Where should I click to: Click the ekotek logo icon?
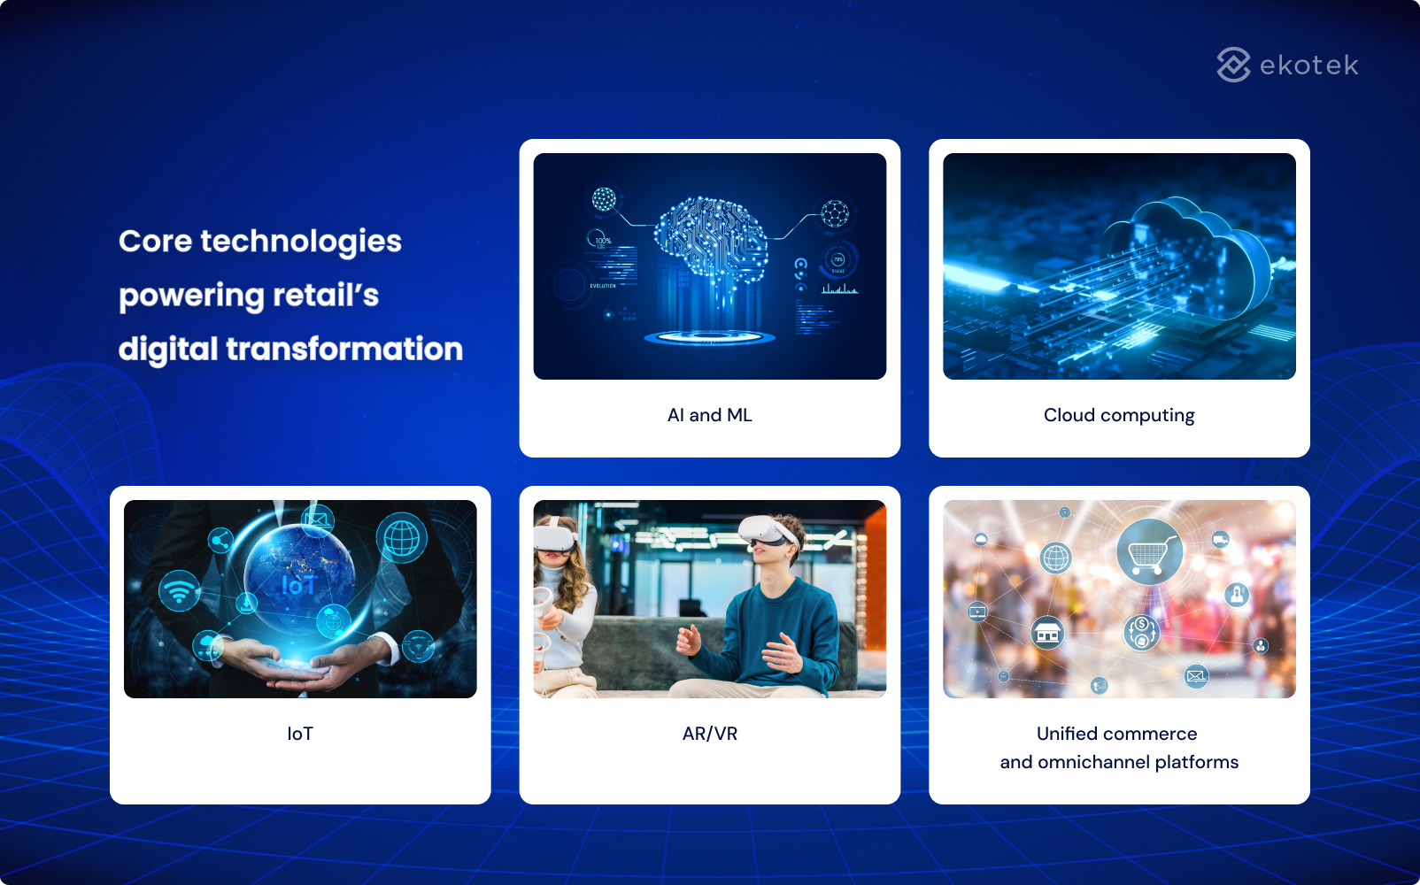pyautogui.click(x=1233, y=65)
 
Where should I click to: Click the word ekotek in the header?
pyautogui.click(x=1308, y=65)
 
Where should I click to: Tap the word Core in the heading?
pyautogui.click(x=155, y=241)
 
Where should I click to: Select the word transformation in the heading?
pyautogui.click(x=344, y=349)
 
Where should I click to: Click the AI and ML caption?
pyautogui.click(x=709, y=415)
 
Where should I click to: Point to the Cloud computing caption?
pyautogui.click(x=1119, y=415)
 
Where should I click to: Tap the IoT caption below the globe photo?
pyautogui.click(x=300, y=734)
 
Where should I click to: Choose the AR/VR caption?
pyautogui.click(x=709, y=734)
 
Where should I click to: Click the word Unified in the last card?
pyautogui.click(x=1067, y=734)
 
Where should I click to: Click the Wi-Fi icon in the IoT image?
pyautogui.click(x=179, y=590)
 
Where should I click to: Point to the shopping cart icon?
pyautogui.click(x=1149, y=552)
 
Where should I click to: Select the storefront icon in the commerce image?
pyautogui.click(x=1047, y=633)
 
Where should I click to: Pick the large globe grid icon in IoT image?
pyautogui.click(x=401, y=537)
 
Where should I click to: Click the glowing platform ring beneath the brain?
pyautogui.click(x=709, y=337)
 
